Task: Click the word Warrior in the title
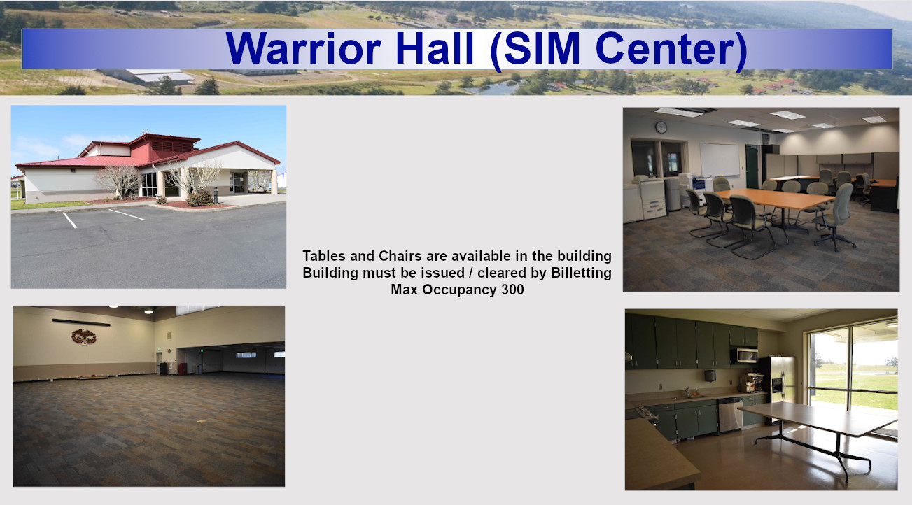point(303,48)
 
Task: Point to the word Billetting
point(581,273)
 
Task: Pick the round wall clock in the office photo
point(661,127)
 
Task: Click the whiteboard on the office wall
point(720,159)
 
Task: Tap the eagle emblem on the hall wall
point(84,337)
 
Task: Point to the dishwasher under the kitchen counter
point(730,414)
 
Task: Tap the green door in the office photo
point(752,167)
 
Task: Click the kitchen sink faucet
point(687,392)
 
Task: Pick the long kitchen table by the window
point(816,418)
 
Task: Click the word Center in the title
point(671,48)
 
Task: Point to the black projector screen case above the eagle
point(81,322)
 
